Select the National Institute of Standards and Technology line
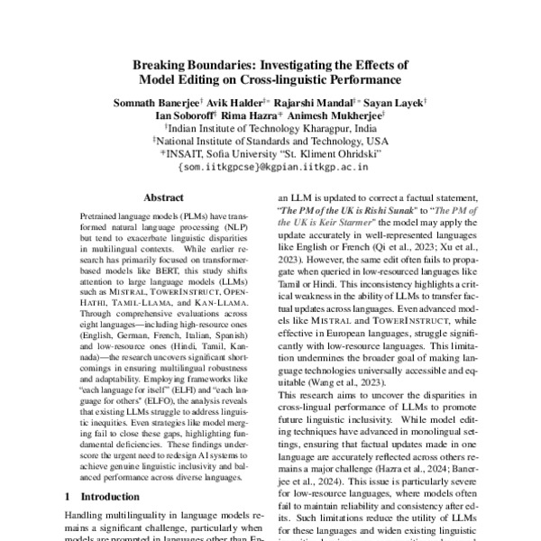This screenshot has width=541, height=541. pyautogui.click(x=270, y=141)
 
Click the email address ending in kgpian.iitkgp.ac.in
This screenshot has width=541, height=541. pyautogui.click(x=270, y=167)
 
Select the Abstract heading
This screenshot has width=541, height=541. pyautogui.click(x=163, y=197)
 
